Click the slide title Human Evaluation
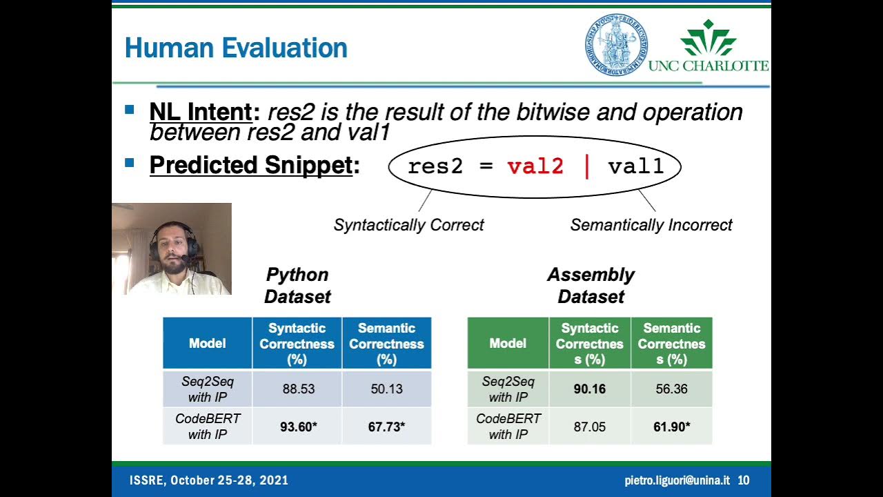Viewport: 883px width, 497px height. click(x=236, y=48)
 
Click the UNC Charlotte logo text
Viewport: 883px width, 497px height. click(x=708, y=66)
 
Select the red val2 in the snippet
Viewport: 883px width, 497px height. click(x=535, y=166)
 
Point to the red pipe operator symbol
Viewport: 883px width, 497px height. click(x=587, y=166)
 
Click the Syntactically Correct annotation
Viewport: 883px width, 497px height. click(x=408, y=225)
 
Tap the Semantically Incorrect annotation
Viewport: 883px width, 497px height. click(x=651, y=225)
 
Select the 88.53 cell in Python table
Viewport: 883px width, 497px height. click(x=298, y=389)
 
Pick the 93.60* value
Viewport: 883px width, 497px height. click(x=298, y=427)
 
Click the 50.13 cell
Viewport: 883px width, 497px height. click(x=386, y=389)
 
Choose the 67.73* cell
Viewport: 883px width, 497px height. click(x=386, y=427)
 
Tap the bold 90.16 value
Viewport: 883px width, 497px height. click(x=590, y=389)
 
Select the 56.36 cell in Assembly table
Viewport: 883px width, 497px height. click(x=671, y=389)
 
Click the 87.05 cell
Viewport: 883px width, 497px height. click(x=590, y=427)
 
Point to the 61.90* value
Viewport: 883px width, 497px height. click(x=671, y=427)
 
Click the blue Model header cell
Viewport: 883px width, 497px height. click(x=208, y=343)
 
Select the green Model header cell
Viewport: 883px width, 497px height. click(x=508, y=343)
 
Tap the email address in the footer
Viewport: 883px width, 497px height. click(x=677, y=480)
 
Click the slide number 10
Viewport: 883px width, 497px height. click(x=744, y=480)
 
